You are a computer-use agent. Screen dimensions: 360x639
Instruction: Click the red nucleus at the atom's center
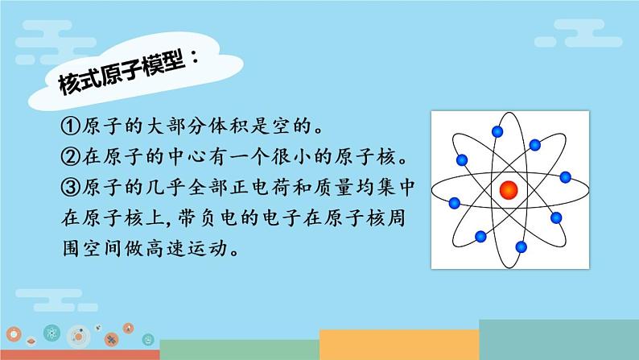point(509,190)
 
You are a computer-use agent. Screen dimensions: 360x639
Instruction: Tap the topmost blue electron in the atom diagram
point(497,131)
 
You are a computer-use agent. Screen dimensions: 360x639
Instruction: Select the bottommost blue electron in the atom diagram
point(521,246)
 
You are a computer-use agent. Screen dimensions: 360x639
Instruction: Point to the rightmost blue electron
point(565,177)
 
